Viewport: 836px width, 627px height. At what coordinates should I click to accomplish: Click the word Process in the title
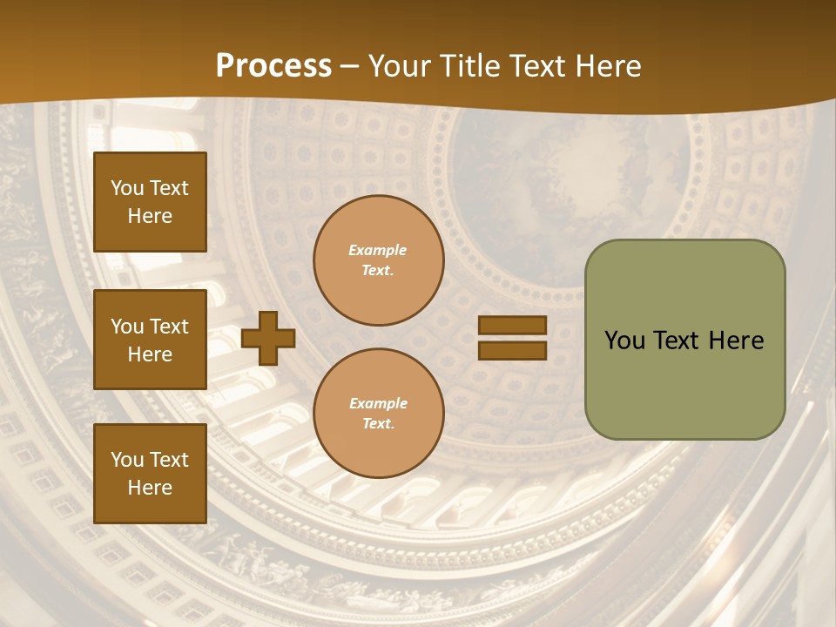click(273, 66)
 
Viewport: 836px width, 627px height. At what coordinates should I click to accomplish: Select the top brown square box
click(150, 202)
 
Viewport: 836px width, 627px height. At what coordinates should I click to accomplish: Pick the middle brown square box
click(150, 340)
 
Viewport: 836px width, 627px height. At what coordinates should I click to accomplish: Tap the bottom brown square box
click(150, 474)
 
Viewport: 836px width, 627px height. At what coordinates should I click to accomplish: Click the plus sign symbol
click(268, 338)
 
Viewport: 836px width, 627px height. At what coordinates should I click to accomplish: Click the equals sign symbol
click(512, 338)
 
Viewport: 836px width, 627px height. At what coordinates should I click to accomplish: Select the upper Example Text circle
click(379, 260)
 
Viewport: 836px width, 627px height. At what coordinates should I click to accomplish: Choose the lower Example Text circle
click(379, 414)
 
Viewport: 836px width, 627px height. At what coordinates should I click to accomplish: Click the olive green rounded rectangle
click(684, 340)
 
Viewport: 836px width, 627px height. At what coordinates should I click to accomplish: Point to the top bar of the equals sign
click(512, 326)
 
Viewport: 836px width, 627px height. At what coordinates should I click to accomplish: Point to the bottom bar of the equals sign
click(512, 350)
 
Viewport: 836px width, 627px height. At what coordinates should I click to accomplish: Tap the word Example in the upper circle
click(378, 251)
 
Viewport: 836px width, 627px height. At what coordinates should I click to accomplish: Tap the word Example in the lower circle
click(378, 404)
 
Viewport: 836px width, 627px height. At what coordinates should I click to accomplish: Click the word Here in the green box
click(735, 340)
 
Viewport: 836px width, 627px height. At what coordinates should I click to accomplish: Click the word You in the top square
click(127, 188)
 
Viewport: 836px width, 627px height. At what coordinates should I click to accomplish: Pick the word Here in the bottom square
click(150, 488)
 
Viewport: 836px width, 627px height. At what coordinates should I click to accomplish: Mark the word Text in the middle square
click(169, 327)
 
